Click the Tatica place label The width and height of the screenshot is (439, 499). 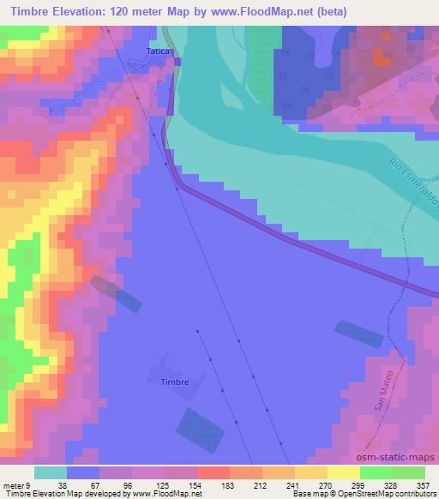point(159,51)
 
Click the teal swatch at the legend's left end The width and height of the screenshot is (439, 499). point(51,472)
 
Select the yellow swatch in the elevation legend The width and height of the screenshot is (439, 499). point(343,472)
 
